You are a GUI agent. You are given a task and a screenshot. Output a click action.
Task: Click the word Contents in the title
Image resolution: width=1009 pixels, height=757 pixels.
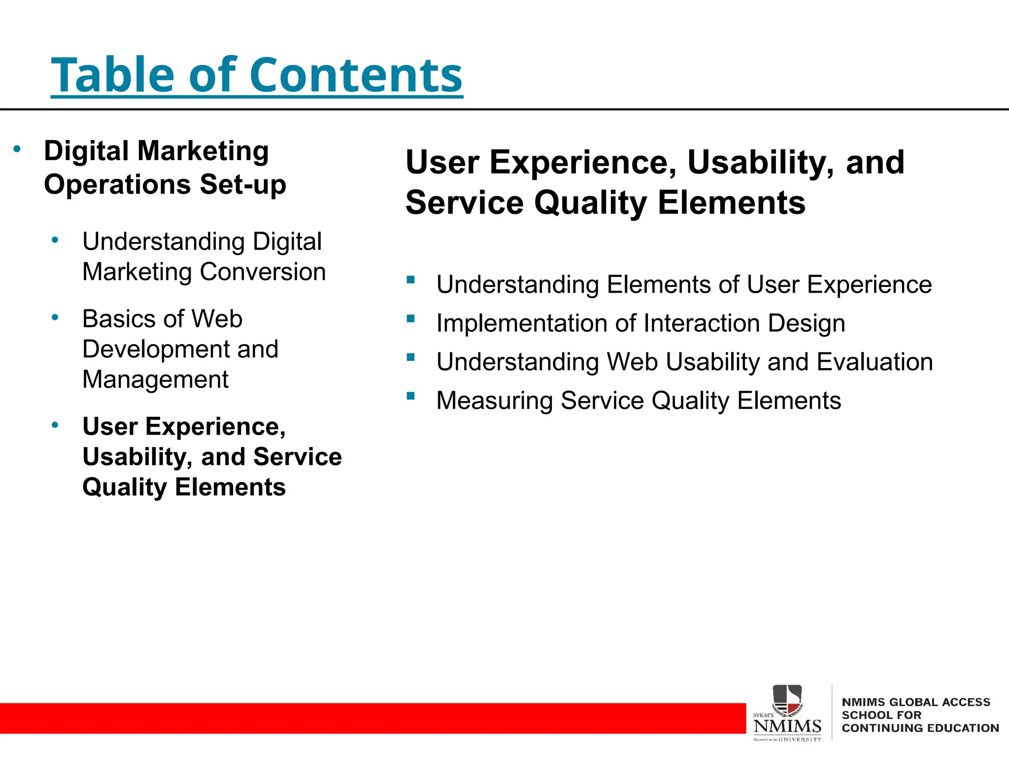click(356, 75)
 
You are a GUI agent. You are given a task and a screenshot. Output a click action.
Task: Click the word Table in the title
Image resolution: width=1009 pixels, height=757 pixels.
click(112, 75)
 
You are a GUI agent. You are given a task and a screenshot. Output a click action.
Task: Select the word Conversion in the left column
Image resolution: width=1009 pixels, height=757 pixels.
click(263, 272)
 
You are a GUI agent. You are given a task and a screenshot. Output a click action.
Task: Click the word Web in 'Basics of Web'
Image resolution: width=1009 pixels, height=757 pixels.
click(217, 319)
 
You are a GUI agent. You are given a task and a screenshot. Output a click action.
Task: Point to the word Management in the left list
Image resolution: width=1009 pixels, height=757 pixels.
click(155, 379)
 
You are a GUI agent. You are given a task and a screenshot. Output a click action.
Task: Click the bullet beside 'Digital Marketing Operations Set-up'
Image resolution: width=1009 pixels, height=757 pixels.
click(17, 149)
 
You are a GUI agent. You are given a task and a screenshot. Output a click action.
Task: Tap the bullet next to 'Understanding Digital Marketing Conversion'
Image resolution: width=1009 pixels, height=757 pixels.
click(55, 241)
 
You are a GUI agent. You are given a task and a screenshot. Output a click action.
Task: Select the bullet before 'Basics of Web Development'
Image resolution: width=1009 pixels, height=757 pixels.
click(55, 318)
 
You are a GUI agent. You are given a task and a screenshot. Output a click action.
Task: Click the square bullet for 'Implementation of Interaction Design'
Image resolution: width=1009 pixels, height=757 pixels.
click(411, 319)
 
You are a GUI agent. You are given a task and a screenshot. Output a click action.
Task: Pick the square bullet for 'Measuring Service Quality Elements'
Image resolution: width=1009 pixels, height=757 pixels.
click(411, 396)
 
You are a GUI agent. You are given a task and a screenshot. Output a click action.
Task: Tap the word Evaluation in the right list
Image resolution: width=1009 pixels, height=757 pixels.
click(874, 362)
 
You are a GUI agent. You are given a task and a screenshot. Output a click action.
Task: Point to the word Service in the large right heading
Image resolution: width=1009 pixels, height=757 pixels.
click(464, 203)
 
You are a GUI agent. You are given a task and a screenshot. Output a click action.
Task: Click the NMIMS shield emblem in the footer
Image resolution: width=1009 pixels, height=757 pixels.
click(787, 700)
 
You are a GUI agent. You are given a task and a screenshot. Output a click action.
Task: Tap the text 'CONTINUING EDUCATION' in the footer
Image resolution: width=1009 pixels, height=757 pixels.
click(920, 728)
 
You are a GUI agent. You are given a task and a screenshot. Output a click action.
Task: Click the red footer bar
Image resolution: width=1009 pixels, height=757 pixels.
click(370, 718)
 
